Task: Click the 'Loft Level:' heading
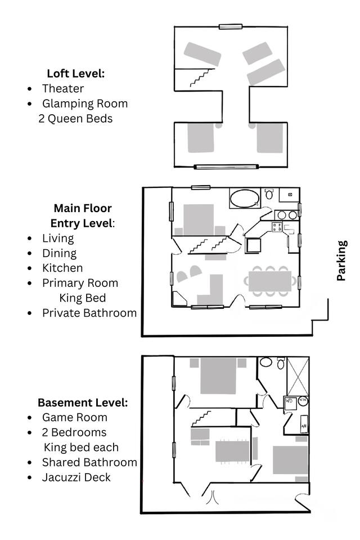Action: click(76, 73)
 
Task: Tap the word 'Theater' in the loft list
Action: click(63, 88)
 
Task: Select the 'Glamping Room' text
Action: click(85, 103)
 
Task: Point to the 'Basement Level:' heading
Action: click(83, 403)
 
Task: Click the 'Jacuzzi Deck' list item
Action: click(76, 478)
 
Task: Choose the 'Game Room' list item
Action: click(75, 417)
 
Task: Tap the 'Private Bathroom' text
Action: click(89, 313)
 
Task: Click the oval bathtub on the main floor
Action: click(244, 199)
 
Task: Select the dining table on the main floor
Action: click(270, 281)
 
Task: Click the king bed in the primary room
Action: click(199, 220)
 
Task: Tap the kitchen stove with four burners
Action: click(277, 227)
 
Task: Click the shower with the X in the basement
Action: click(298, 376)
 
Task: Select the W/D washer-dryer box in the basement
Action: click(290, 403)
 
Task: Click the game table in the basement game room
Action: click(232, 451)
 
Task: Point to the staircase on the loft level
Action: click(202, 78)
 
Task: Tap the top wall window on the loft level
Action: click(231, 26)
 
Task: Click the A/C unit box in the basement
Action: click(304, 424)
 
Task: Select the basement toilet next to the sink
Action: click(281, 363)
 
